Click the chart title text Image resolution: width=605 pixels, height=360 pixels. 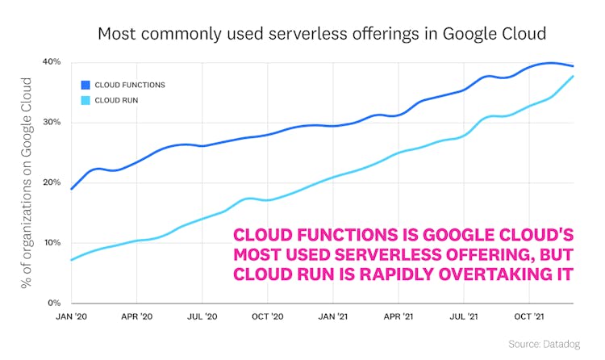click(x=322, y=34)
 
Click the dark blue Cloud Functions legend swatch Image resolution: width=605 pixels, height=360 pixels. click(x=85, y=84)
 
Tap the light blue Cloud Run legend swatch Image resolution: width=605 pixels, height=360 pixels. click(x=85, y=100)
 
